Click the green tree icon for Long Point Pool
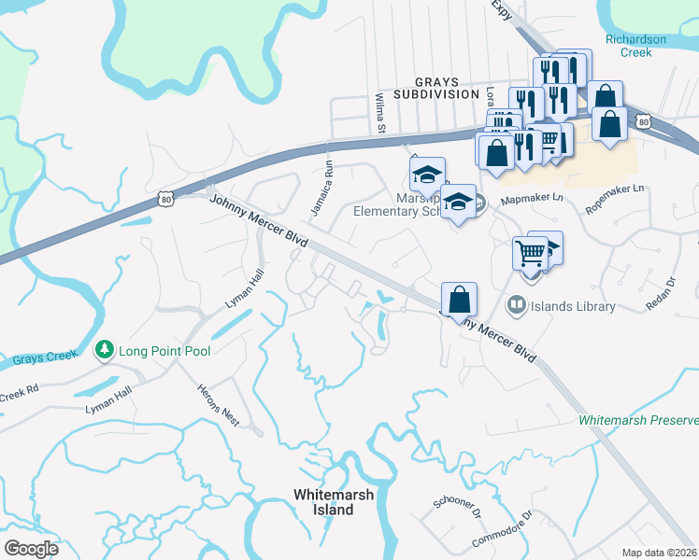(x=105, y=351)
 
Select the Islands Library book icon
(x=515, y=305)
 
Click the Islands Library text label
(x=573, y=306)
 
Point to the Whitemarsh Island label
(x=323, y=502)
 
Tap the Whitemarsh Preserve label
(x=638, y=421)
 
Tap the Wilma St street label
(x=380, y=112)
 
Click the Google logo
(x=31, y=549)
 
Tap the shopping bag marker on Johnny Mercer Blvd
(x=459, y=301)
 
